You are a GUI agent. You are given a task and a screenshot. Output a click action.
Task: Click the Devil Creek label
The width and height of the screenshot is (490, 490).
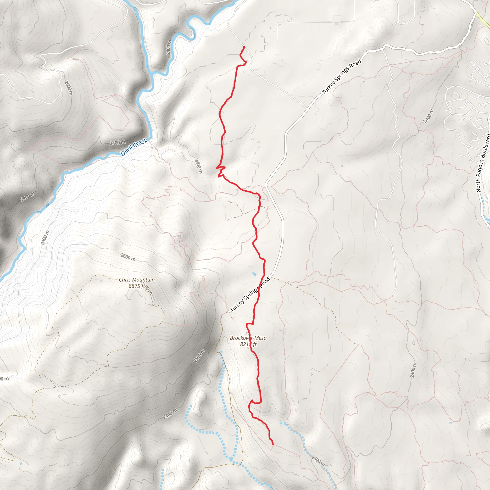tap(134, 147)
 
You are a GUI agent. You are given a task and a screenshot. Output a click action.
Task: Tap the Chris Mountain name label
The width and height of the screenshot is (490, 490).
tap(137, 280)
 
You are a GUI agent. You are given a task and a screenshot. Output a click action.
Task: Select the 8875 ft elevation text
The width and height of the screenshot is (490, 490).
tap(137, 286)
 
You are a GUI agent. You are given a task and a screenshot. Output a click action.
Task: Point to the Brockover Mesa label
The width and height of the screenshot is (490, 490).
tap(248, 338)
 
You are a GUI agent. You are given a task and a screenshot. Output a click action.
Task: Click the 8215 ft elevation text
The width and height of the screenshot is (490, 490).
tap(248, 344)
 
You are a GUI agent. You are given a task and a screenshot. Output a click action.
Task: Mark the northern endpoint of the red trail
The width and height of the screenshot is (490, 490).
tap(244, 47)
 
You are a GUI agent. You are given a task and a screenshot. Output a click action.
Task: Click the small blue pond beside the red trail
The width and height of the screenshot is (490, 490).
tap(254, 274)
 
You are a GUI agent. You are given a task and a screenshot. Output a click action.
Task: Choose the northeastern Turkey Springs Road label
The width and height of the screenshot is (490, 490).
tap(341, 77)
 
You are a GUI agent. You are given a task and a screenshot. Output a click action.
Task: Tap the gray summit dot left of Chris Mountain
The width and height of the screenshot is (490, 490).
tap(101, 281)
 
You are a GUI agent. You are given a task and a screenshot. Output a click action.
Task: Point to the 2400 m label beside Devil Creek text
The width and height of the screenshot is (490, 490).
tap(117, 143)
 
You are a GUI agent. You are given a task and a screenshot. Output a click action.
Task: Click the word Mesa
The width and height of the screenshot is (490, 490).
tap(261, 338)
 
